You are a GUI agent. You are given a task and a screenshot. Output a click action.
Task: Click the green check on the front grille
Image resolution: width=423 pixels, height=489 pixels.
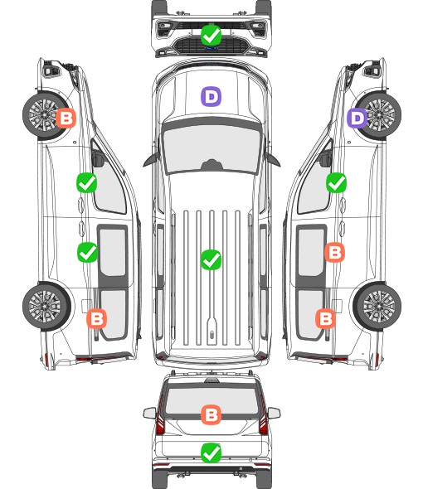(211, 36)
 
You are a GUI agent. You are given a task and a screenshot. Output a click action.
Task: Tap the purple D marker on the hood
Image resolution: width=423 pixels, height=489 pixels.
(211, 96)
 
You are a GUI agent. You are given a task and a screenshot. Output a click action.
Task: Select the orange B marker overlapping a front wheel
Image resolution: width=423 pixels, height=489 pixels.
(66, 119)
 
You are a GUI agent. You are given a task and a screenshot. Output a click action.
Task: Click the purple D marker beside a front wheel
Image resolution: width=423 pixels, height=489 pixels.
(357, 119)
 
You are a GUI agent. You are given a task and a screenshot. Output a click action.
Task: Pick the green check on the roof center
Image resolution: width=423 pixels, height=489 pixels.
(211, 259)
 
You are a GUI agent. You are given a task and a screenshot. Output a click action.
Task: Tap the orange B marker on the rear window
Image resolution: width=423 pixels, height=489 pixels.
(211, 414)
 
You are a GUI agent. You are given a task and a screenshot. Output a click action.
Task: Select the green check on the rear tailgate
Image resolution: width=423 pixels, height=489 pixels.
(211, 453)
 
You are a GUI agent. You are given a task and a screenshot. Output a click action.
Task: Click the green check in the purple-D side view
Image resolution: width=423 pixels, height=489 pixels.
(336, 182)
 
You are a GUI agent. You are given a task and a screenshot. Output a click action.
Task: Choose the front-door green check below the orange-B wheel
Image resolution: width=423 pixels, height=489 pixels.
(87, 182)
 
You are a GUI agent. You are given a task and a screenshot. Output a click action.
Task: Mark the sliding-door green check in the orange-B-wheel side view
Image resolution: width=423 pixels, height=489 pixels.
(87, 252)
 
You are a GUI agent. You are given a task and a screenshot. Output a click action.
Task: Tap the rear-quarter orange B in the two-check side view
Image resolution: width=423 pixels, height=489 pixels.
(96, 319)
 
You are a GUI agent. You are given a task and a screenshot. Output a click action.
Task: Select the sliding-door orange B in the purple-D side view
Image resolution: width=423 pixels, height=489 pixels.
(334, 252)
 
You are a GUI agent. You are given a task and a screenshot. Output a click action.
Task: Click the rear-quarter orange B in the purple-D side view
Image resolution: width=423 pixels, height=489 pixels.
(326, 319)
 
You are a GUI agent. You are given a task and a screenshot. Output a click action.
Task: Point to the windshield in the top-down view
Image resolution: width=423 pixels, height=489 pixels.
(211, 148)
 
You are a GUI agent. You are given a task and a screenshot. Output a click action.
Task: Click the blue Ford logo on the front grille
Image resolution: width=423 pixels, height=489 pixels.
(211, 48)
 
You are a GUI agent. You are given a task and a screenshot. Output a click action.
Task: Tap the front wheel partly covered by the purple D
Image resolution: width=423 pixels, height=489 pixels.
(378, 115)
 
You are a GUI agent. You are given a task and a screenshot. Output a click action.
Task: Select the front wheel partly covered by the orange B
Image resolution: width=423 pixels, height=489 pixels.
(46, 115)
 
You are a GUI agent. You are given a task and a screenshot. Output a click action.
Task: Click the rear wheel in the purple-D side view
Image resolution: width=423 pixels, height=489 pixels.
(378, 307)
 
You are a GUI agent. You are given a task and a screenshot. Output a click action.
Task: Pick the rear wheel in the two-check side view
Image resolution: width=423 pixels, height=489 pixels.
(46, 307)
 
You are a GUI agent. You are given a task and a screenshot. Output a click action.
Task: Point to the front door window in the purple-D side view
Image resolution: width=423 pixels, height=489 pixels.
(314, 187)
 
